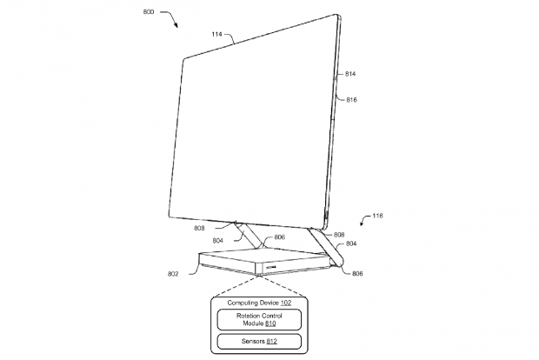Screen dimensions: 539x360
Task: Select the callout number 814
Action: (350, 74)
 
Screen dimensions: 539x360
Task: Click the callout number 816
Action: (351, 99)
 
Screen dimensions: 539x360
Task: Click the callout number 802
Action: (173, 273)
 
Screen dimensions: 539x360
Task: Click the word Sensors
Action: (254, 340)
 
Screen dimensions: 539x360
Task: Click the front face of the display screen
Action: (252, 130)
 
